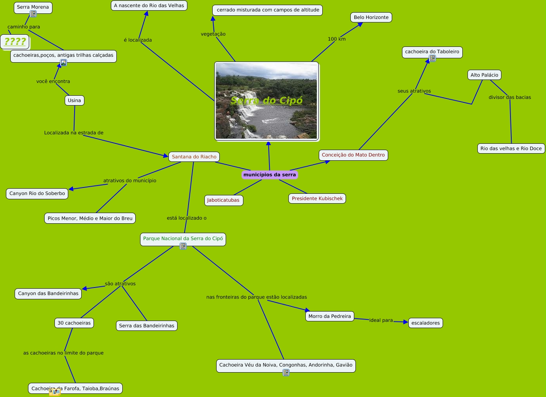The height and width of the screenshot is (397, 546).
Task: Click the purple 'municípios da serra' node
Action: point(269,175)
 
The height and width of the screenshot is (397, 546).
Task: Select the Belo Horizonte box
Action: point(371,17)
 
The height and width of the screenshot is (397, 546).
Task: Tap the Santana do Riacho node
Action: point(194,157)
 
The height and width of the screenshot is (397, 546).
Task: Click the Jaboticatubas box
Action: point(224,200)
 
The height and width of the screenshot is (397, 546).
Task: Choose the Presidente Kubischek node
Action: point(317,198)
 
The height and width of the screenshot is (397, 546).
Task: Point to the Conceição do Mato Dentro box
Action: point(353,155)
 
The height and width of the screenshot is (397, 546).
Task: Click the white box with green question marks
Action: point(15,42)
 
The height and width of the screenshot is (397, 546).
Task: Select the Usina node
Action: point(74,100)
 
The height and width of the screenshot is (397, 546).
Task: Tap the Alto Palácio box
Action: point(484,75)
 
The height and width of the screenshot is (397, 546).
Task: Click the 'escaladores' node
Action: point(425,323)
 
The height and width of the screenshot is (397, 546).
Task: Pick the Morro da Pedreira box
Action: point(329,316)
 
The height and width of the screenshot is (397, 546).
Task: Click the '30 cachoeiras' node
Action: point(74,323)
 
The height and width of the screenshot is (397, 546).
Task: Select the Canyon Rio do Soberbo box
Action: point(37,193)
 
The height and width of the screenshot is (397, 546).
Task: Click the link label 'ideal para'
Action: point(381,320)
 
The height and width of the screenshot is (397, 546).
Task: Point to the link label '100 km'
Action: point(337,39)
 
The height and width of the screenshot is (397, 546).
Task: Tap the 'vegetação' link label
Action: point(213,34)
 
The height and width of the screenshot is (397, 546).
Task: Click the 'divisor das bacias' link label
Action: point(510,97)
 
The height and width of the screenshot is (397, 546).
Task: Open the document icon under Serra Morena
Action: point(33,14)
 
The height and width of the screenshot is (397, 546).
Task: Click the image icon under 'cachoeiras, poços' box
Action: point(64,63)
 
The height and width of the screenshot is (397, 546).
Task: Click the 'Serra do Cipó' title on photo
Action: point(266,100)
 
